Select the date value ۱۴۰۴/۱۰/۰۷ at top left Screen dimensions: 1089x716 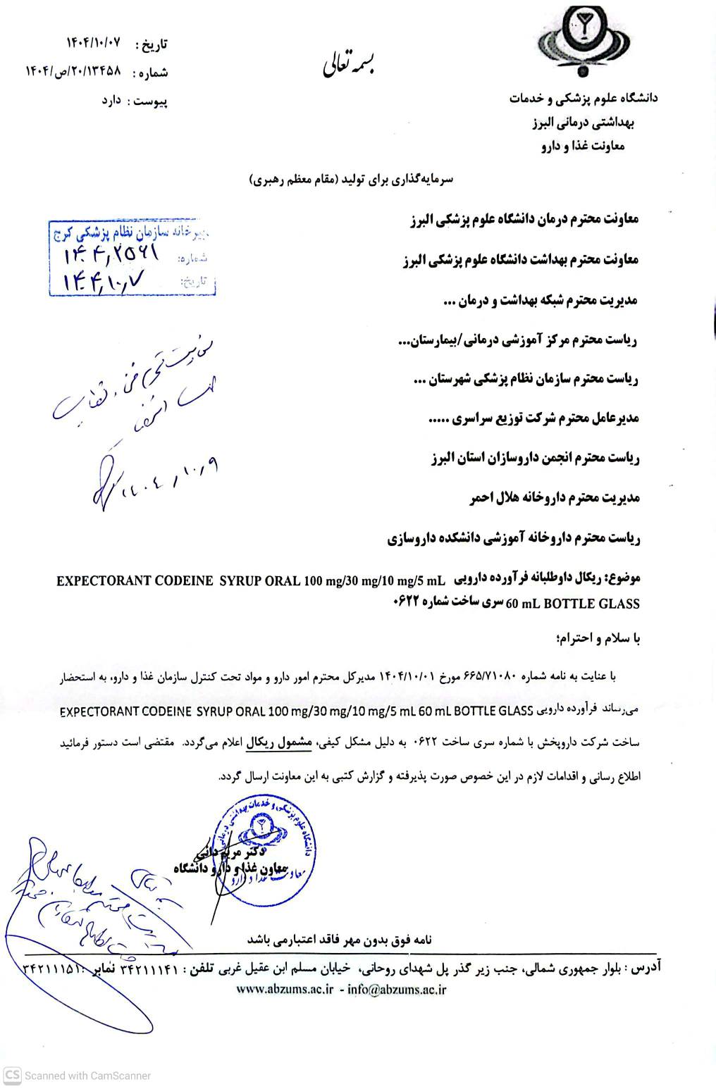tap(94, 42)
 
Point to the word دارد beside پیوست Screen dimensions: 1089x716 tap(113, 101)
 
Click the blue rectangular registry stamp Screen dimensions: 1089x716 tap(131, 260)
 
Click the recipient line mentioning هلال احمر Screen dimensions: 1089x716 tap(553, 499)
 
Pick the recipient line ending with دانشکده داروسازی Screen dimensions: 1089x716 tap(512, 539)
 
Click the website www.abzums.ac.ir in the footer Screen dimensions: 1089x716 tap(284, 989)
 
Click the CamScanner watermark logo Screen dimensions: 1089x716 tap(12, 1076)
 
